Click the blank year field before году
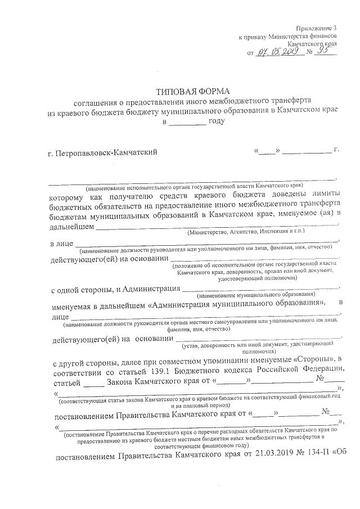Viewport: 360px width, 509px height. pyautogui.click(x=187, y=122)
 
